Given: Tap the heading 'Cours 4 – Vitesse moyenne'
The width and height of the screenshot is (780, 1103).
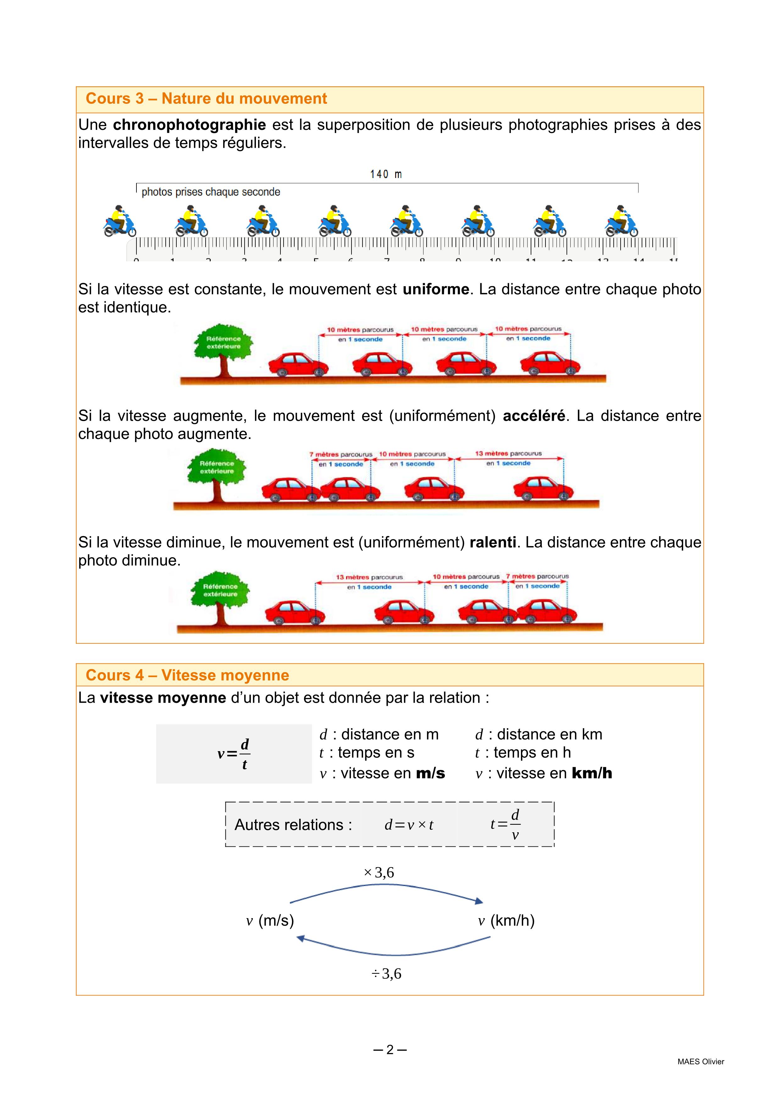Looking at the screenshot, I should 187,675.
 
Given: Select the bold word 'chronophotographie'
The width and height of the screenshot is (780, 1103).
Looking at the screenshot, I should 189,125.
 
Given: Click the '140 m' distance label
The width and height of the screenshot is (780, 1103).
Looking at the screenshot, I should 386,175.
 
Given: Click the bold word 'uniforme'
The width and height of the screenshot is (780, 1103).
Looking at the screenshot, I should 436,289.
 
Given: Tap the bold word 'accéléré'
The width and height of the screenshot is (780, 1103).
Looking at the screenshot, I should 534,416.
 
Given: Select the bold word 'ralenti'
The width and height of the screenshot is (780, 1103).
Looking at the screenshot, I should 492,542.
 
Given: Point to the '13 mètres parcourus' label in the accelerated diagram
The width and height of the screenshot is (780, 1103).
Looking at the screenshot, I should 508,453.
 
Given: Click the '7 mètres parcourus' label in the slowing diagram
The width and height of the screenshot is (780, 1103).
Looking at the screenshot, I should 537,576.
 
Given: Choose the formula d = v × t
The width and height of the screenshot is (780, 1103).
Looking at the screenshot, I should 409,825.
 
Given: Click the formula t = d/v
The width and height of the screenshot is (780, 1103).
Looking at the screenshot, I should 505,824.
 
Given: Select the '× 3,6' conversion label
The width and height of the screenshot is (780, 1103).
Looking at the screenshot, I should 379,873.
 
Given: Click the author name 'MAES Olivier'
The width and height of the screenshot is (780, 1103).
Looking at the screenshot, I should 700,1062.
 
